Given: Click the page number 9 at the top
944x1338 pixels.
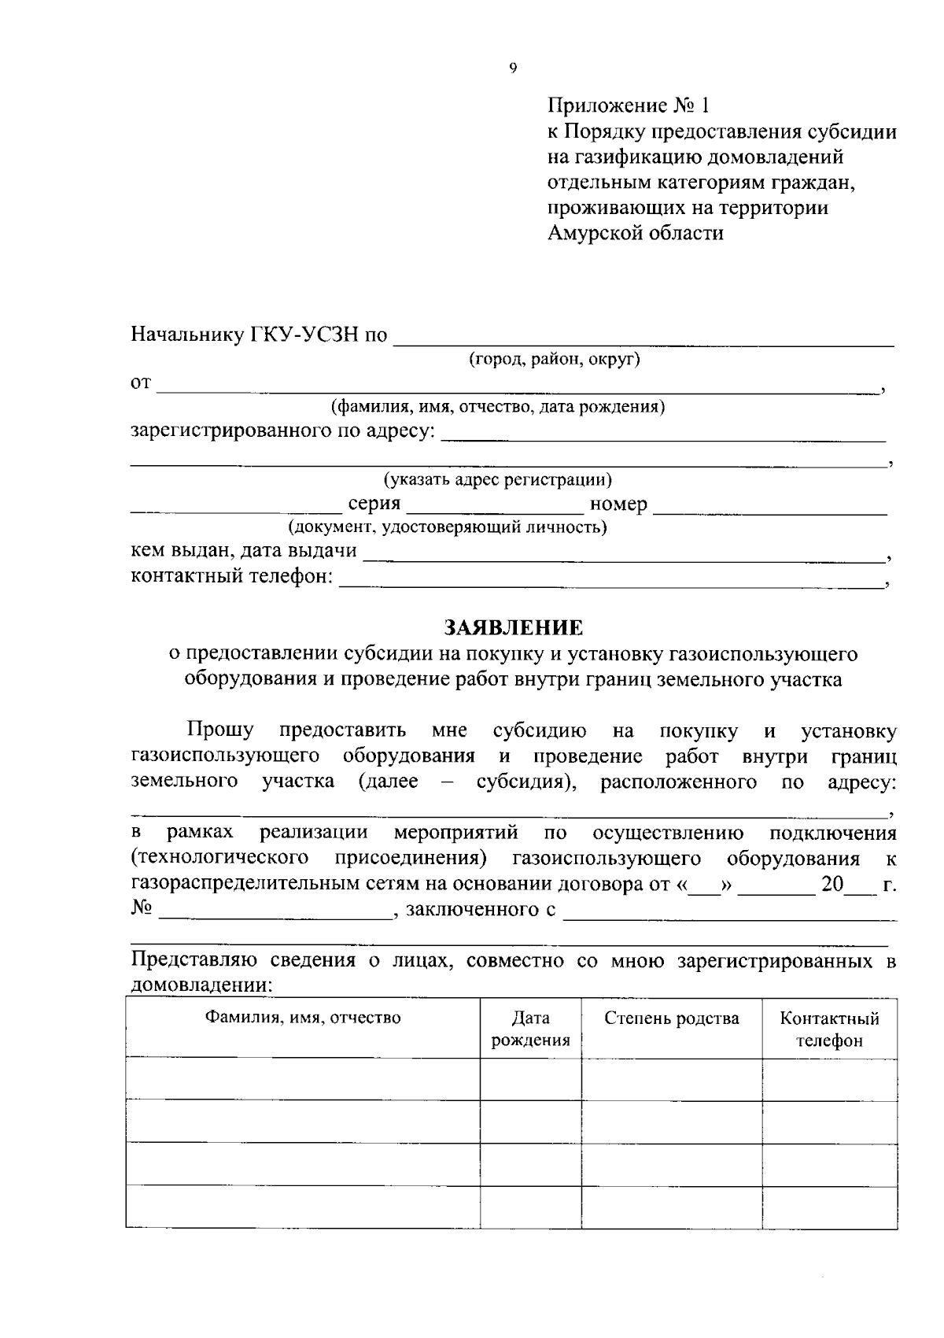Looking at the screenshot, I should (513, 68).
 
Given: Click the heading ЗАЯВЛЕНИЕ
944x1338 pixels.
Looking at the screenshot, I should (514, 627).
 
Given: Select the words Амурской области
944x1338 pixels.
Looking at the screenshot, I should (635, 233).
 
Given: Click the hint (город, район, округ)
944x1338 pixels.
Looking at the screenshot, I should (555, 360).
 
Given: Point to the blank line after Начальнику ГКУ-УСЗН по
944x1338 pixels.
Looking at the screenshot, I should (643, 342).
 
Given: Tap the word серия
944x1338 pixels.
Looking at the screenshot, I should (374, 504).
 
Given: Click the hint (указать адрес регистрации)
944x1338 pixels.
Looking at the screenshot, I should (497, 479).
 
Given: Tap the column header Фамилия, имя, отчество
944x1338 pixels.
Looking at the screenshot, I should (303, 1018).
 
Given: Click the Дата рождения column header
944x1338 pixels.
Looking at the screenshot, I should (530, 1029).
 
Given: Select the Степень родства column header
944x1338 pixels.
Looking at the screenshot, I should (671, 1018).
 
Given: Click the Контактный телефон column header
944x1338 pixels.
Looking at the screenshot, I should (829, 1029).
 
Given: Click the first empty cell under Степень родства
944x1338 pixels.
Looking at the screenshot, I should (671, 1079).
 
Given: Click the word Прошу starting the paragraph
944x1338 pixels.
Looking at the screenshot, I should (220, 731).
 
